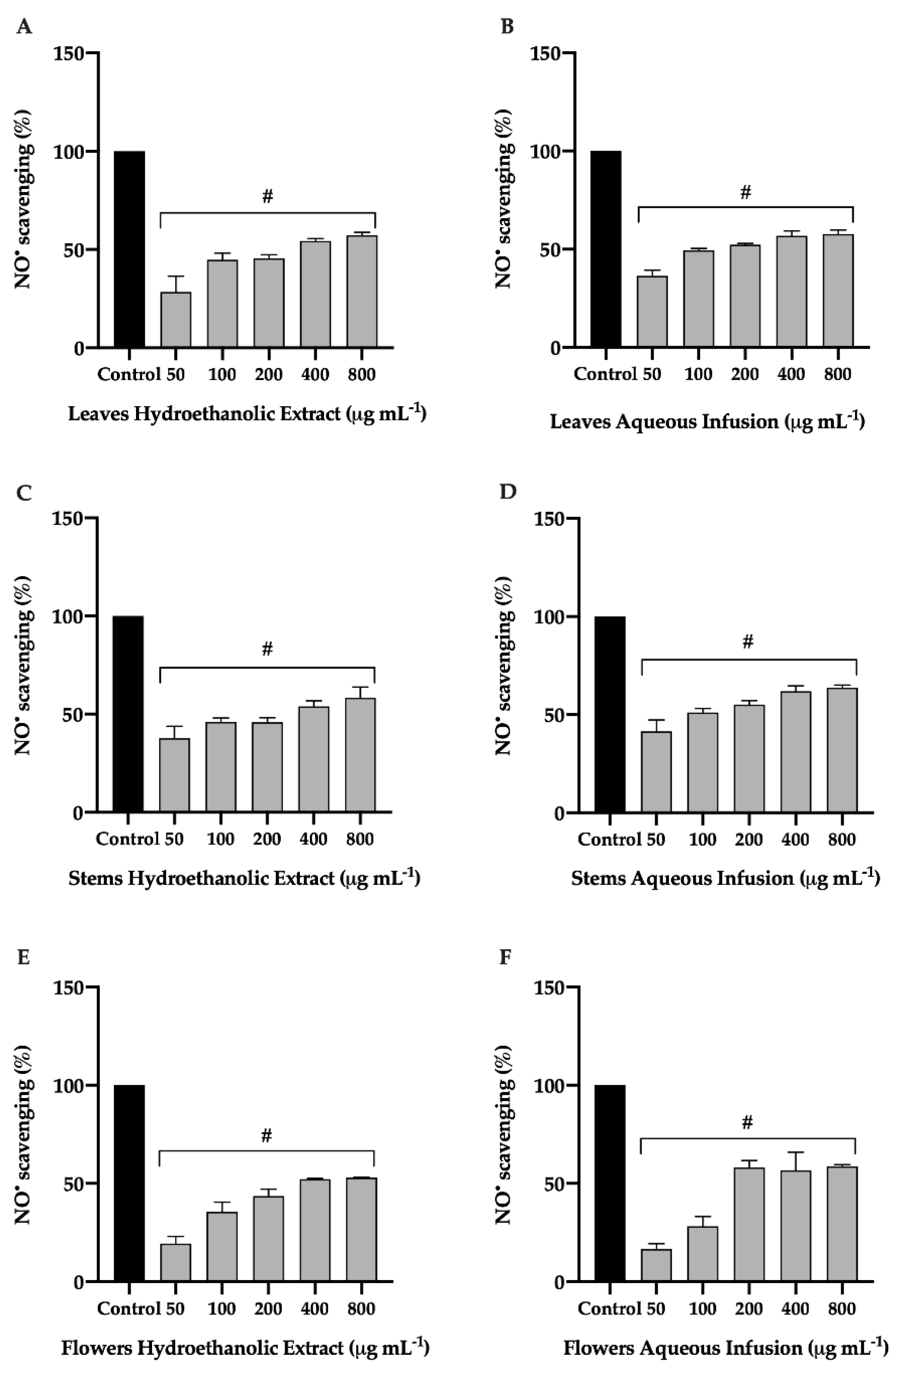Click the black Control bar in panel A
[129, 249]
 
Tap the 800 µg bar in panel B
[838, 291]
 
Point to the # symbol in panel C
[267, 649]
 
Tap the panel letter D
[507, 492]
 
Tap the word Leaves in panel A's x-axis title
[98, 414]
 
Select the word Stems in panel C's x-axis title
[95, 878]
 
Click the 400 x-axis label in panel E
[314, 1309]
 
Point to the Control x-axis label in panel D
[609, 840]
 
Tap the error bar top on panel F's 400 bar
[796, 1152]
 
